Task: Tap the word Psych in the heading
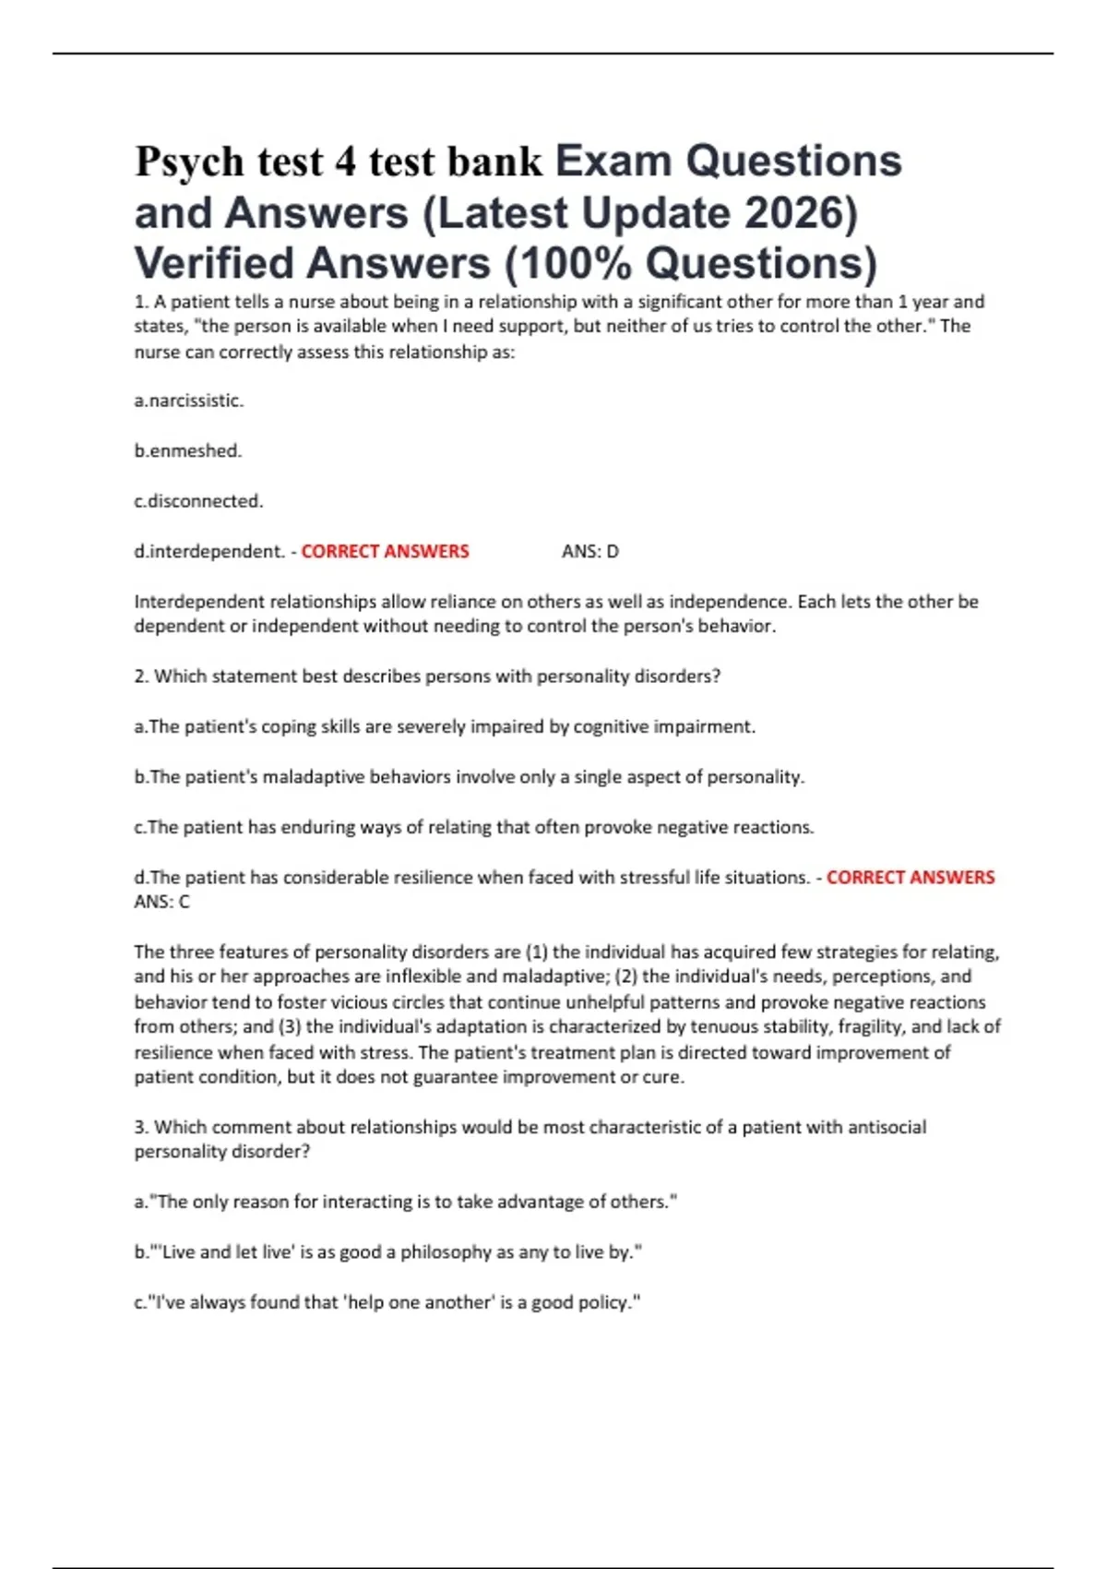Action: pos(189,162)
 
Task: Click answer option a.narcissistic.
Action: pos(189,401)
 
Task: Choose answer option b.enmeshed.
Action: pos(188,451)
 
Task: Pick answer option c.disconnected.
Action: pos(198,501)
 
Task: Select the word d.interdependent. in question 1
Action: pos(209,552)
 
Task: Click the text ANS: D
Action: pos(590,552)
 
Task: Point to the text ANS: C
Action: pos(161,902)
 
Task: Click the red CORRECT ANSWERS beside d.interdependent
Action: pos(385,552)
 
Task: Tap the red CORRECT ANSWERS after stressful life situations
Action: pos(911,878)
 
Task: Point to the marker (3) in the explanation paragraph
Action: pos(289,1026)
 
